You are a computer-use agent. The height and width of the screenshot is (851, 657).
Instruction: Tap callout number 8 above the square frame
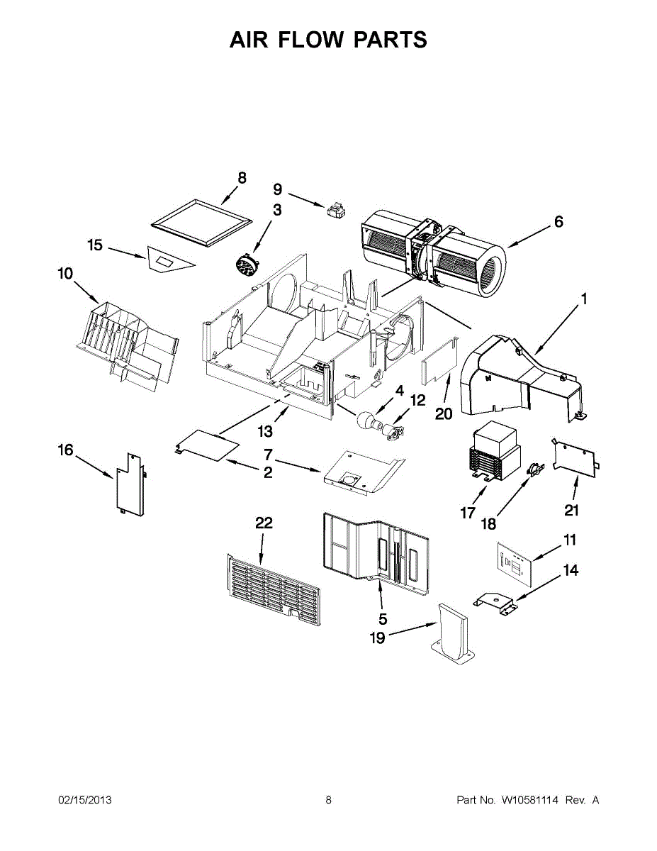click(x=242, y=178)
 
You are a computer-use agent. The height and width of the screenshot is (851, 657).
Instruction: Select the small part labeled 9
click(x=335, y=210)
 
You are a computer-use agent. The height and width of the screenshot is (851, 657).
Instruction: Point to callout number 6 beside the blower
click(x=558, y=222)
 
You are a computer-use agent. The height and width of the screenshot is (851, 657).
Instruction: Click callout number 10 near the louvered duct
click(x=65, y=273)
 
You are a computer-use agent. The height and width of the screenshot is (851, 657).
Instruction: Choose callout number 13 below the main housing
click(x=265, y=431)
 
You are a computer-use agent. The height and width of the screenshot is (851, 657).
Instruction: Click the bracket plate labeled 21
click(x=575, y=457)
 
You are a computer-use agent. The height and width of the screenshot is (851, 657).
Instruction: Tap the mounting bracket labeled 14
click(x=497, y=603)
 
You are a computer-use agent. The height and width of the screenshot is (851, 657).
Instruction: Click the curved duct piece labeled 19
click(x=454, y=633)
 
